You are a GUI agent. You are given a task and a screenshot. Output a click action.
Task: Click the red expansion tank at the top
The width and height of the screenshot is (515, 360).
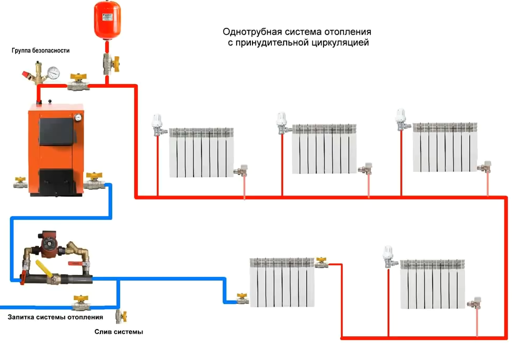(107, 20)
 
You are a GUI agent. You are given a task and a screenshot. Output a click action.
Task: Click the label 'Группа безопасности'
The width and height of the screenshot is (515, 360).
(41, 51)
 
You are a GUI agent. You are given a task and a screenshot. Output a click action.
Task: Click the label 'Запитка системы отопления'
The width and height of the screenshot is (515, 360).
(55, 317)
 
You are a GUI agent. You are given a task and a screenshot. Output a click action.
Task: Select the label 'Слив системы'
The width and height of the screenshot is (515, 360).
(119, 332)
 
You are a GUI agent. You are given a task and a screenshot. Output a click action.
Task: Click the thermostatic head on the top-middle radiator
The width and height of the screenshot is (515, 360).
(282, 120)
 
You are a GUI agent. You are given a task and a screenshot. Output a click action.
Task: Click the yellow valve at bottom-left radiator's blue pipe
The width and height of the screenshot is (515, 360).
(242, 300)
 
